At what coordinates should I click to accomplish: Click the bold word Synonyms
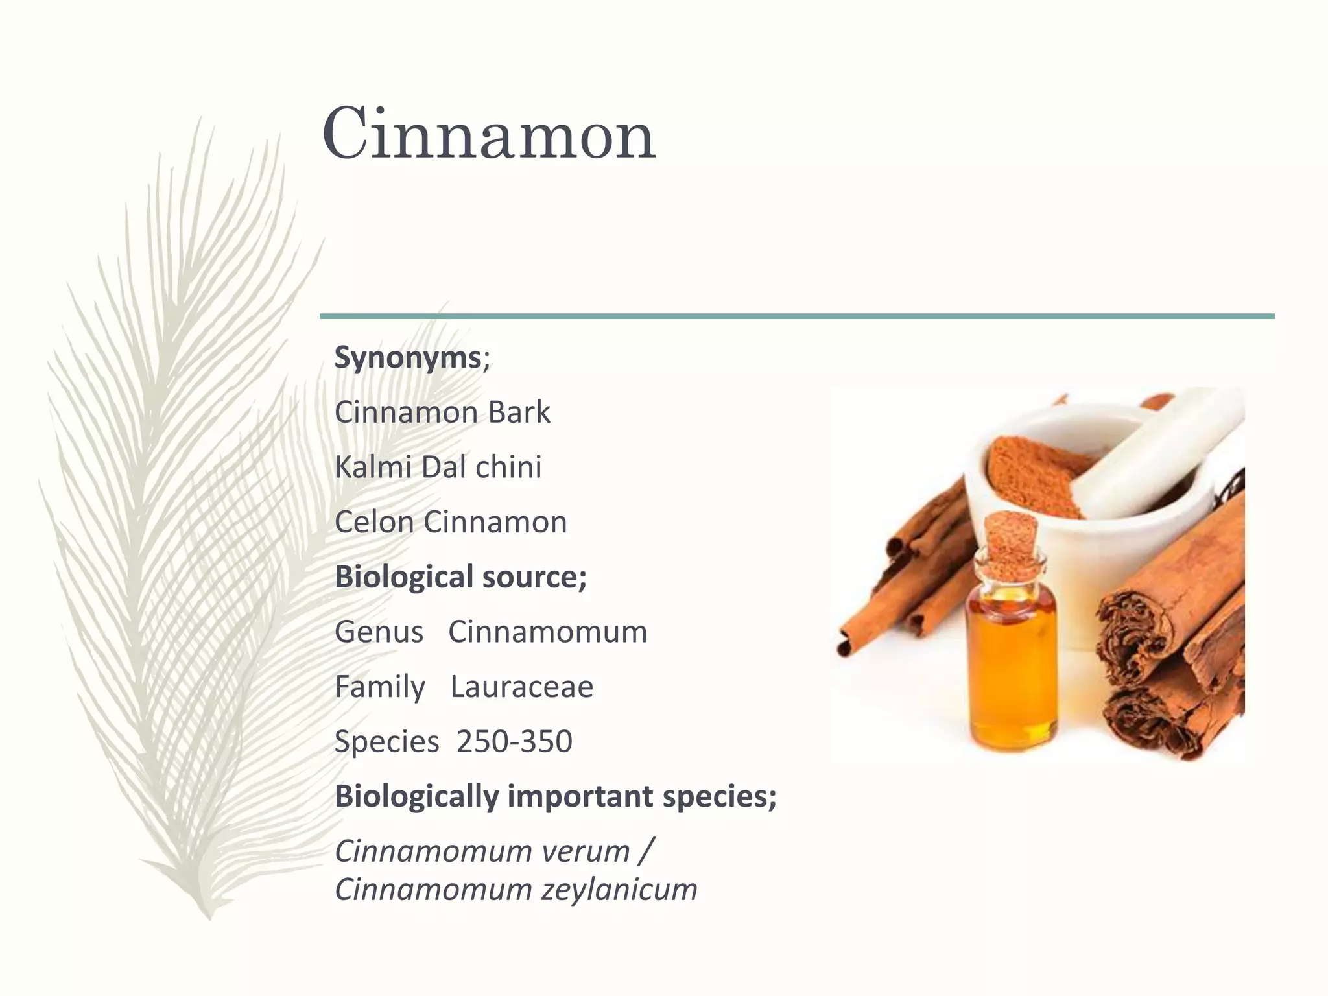coord(408,357)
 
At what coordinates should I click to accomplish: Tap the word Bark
coord(519,412)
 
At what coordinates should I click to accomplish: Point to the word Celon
coord(373,522)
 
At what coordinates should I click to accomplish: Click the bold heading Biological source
coord(460,576)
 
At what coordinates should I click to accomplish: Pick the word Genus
coord(379,632)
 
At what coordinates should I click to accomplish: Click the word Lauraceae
coord(521,687)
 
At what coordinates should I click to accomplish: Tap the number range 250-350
coord(514,741)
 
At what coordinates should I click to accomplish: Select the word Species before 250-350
coord(386,742)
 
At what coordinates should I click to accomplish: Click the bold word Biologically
coord(416,796)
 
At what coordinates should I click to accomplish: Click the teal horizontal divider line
coord(797,316)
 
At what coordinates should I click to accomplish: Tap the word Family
coord(379,687)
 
